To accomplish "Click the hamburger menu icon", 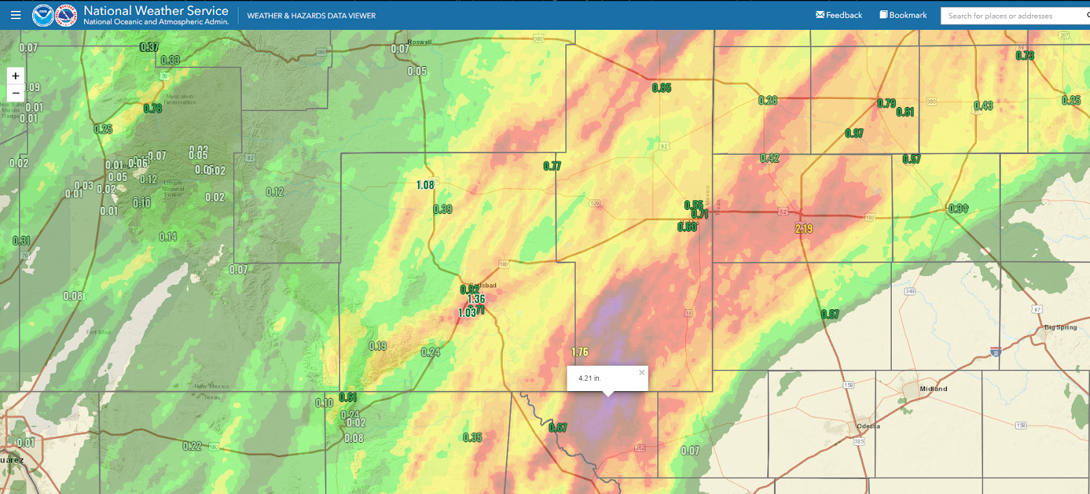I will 16,15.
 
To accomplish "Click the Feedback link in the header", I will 839,15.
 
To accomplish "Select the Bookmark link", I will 903,15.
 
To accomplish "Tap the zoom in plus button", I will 16,76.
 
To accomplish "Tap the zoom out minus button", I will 16,93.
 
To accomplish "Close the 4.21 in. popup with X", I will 641,373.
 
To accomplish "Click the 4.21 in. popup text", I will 590,378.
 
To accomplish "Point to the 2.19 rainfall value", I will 804,229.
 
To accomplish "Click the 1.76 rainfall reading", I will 580,352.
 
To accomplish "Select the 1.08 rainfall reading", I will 425,185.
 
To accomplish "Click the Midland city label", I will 933,389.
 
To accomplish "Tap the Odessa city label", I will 869,427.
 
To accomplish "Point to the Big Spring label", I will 1061,328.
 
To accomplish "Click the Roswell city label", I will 420,42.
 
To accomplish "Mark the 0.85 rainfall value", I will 661,88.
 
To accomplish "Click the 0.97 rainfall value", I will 854,134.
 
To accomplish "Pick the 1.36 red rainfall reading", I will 476,299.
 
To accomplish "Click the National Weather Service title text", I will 156,10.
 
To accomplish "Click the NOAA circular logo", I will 43,15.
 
